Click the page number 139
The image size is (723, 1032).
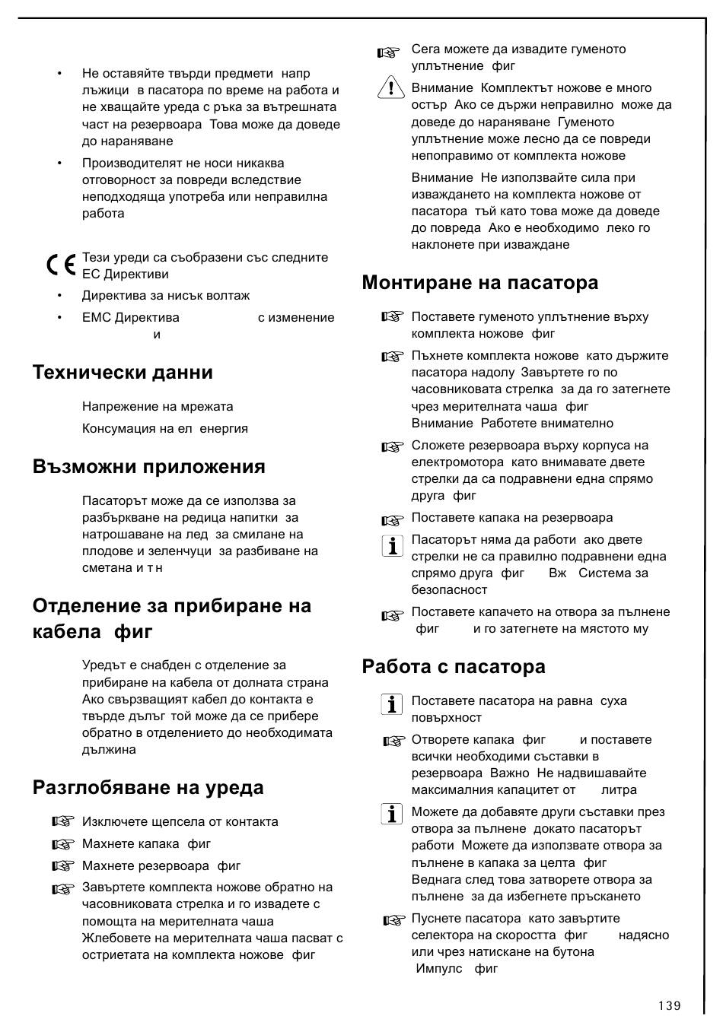click(x=670, y=1005)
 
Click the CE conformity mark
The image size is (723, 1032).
click(x=60, y=265)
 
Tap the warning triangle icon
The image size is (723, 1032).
click(x=390, y=87)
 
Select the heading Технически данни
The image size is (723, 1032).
click(x=123, y=372)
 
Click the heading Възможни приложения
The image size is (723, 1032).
click(x=149, y=466)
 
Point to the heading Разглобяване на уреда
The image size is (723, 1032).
click(x=148, y=787)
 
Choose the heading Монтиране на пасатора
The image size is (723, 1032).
click(x=480, y=283)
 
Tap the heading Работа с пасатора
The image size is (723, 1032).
click(x=454, y=667)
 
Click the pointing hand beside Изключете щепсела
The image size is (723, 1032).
click(x=63, y=821)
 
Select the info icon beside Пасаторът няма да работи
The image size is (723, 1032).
click(x=392, y=545)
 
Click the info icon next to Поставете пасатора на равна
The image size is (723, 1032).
click(x=391, y=704)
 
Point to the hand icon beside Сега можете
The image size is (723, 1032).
click(x=388, y=52)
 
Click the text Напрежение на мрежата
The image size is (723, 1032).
click(x=158, y=406)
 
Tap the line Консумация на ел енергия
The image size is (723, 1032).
click(x=164, y=428)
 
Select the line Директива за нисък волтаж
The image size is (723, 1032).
click(x=166, y=295)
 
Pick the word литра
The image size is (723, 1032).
click(x=619, y=790)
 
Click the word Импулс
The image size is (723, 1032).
click(x=439, y=968)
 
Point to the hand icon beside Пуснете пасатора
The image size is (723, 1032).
click(x=393, y=920)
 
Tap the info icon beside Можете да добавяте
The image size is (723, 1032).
click(x=391, y=814)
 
